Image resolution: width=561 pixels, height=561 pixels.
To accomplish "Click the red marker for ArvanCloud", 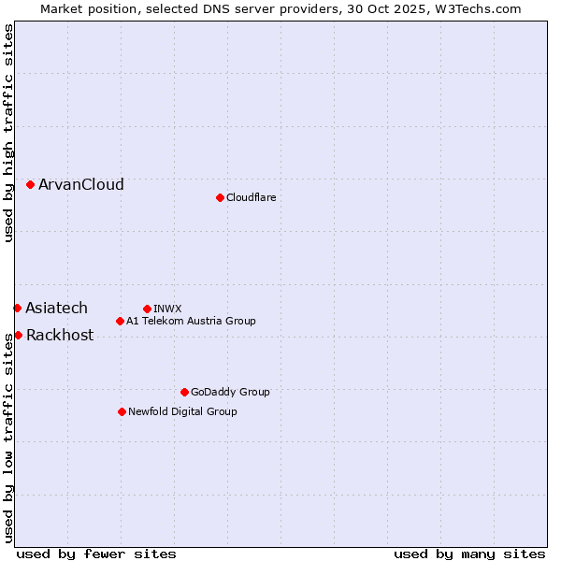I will coord(31,185).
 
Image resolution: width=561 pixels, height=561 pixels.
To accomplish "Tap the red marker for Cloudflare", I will coord(220,197).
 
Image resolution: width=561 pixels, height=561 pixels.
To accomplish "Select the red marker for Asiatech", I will coord(18,308).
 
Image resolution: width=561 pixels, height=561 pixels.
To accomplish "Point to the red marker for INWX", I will coord(147,309).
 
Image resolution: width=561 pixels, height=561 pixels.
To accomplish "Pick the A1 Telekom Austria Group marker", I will coord(120,322).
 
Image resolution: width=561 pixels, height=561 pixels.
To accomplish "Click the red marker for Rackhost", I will coord(18,335).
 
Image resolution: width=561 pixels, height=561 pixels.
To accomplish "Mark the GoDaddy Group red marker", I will coord(184,392).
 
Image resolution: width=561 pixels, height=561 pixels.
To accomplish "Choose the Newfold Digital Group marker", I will coord(122,411).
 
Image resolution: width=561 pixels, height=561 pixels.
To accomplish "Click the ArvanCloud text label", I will coord(81,185).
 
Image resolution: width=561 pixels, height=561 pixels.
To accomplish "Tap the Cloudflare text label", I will coord(252,197).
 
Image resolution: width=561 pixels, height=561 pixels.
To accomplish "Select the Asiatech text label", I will coord(57,308).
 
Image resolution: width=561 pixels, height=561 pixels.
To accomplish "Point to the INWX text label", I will coord(168,309).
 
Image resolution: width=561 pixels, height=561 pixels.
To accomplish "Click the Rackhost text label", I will coord(60,336).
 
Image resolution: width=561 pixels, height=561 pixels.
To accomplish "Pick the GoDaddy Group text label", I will coord(230,392).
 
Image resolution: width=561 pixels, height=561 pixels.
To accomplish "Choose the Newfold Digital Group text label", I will coord(182,411).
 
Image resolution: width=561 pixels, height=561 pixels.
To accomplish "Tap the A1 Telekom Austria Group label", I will coord(191,322).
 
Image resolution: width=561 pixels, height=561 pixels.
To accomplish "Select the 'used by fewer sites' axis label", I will coord(96,554).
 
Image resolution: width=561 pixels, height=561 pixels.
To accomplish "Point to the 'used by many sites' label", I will coord(469,554).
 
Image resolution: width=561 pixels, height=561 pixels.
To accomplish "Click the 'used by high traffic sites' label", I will coord(8,133).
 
